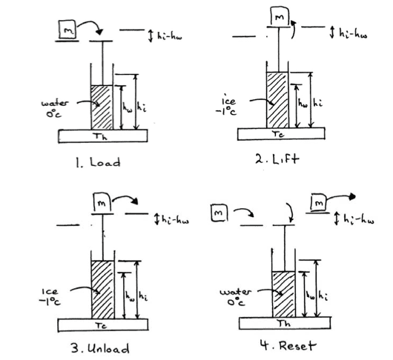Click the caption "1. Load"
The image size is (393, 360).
(x=98, y=163)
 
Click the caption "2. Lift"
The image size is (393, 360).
(x=277, y=159)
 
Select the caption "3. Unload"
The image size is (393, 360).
(x=100, y=348)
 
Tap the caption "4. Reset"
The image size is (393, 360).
(x=288, y=346)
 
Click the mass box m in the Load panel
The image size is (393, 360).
(x=67, y=30)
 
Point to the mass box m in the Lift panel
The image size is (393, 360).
(x=280, y=16)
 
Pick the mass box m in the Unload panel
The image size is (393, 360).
(x=102, y=203)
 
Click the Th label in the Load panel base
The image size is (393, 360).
(x=100, y=137)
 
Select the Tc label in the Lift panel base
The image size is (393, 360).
(x=278, y=134)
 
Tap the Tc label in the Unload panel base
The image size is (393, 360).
(x=101, y=325)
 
